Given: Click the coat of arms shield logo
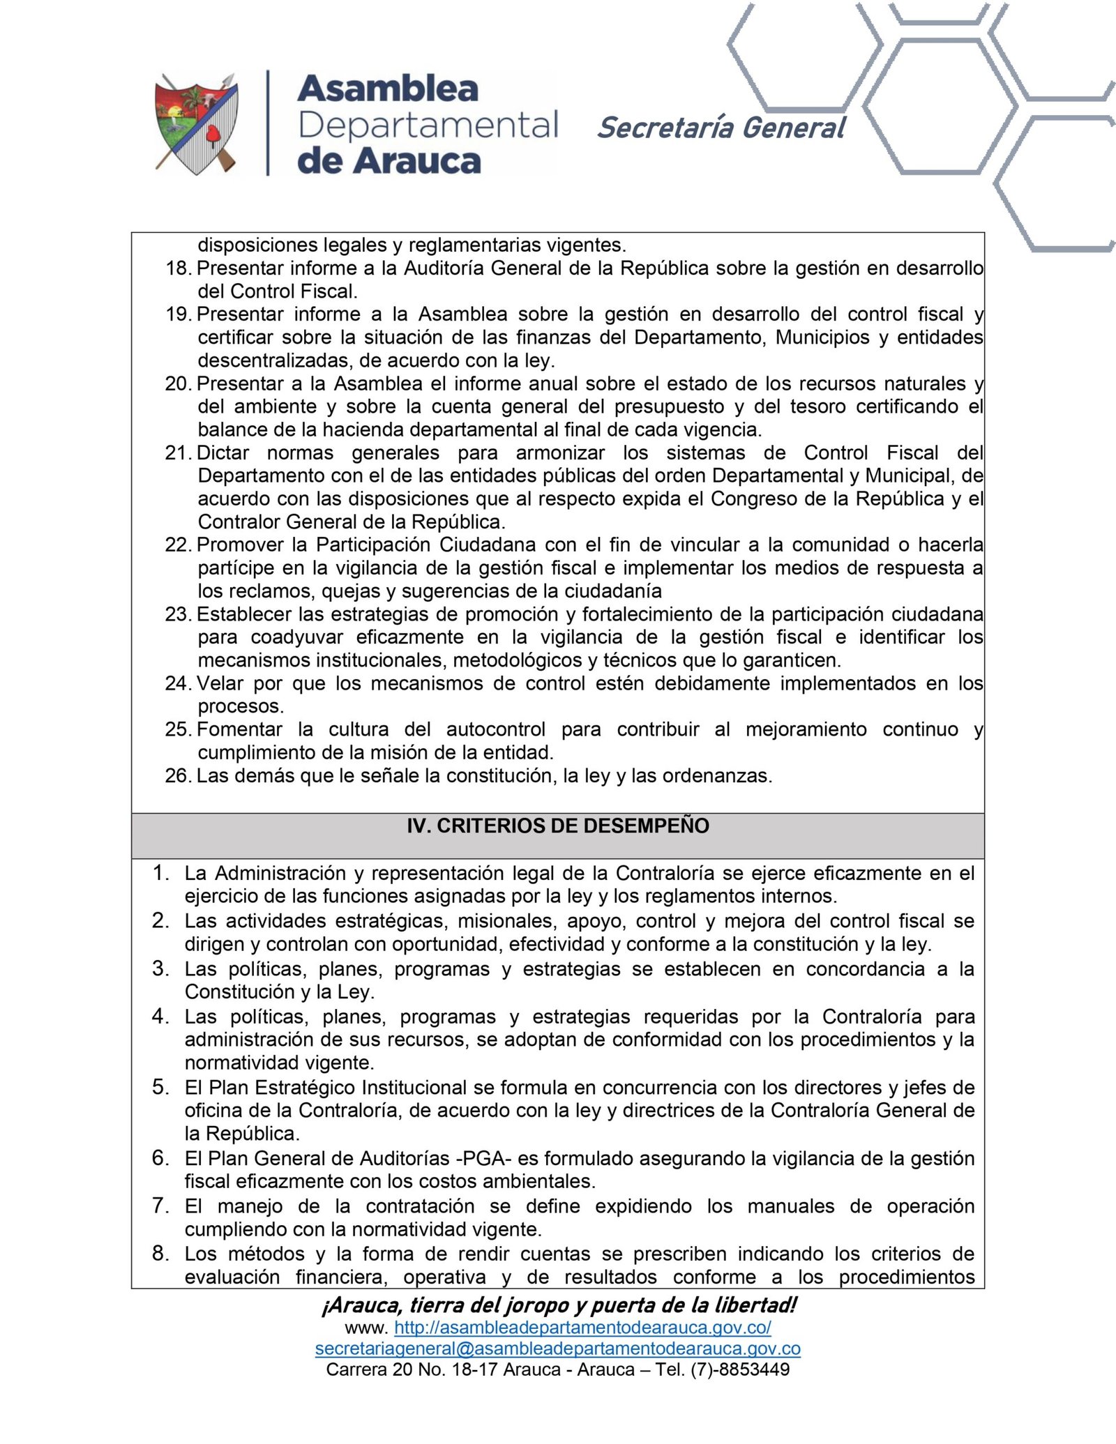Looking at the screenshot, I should coord(196,123).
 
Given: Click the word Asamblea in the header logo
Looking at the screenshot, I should coord(388,89).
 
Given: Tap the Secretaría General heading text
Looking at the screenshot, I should coord(721,128).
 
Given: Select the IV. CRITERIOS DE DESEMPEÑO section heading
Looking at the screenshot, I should coord(558,826).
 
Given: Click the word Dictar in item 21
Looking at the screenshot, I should coord(223,453).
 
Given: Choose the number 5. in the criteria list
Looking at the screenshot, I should coord(160,1087).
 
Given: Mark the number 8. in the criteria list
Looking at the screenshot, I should coord(160,1253).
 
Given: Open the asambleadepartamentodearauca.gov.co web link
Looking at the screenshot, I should coord(582,1327).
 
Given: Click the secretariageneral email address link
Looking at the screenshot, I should coord(557,1348).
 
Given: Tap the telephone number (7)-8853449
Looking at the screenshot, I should coord(740,1369).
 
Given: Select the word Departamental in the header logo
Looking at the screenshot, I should coord(428,126).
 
